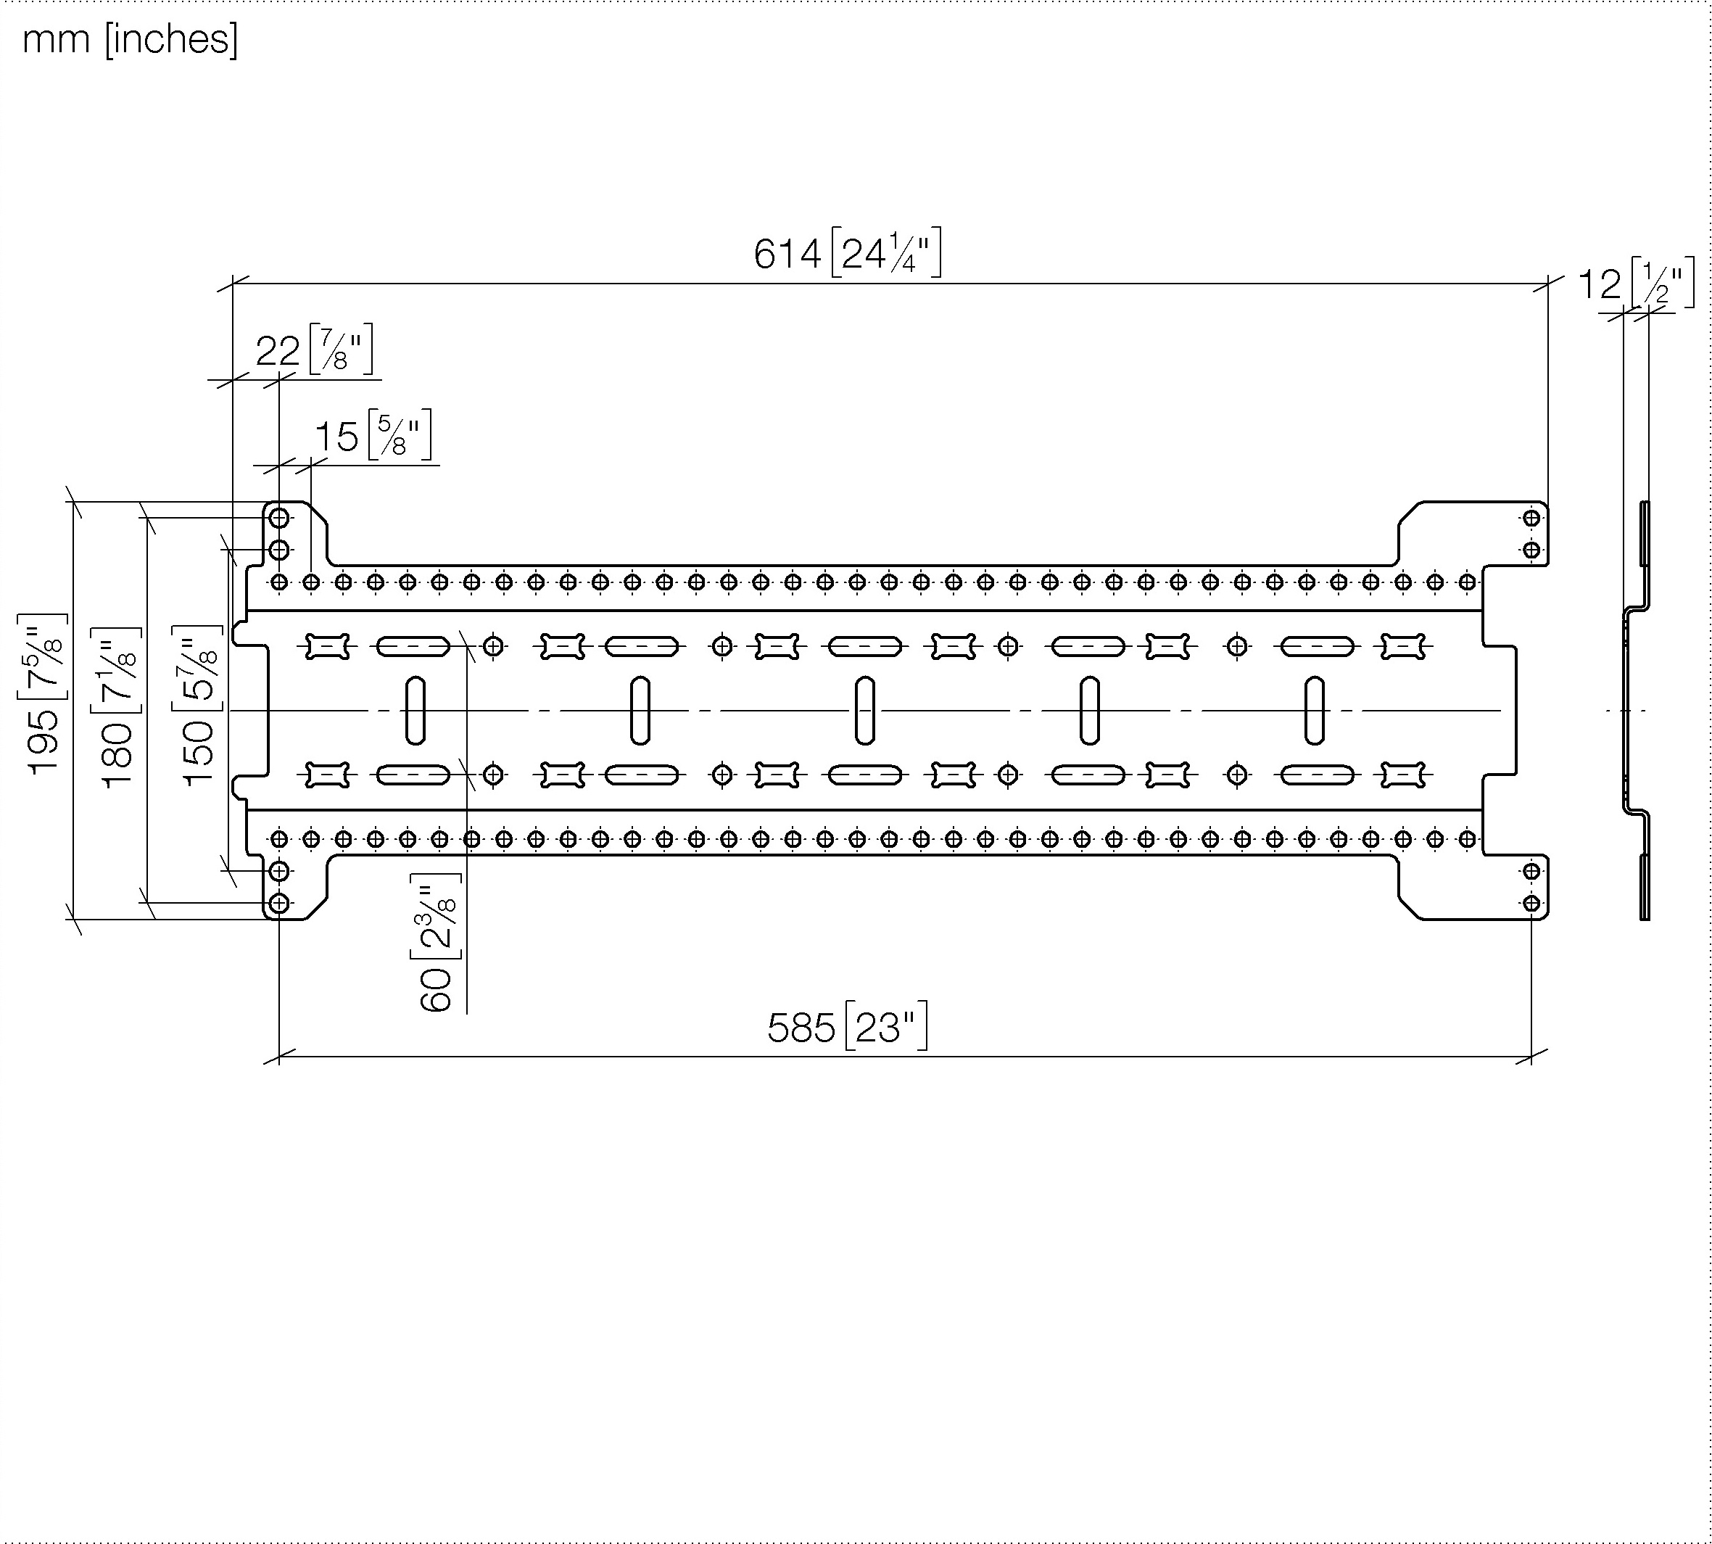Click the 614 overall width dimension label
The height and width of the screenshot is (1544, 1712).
(848, 253)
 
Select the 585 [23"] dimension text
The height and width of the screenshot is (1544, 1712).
(848, 1028)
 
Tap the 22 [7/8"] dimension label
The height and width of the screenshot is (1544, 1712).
(315, 350)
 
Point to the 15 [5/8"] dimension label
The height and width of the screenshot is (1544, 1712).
(373, 435)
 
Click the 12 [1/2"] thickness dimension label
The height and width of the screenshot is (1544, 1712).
(1636, 284)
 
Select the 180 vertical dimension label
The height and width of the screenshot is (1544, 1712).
(116, 709)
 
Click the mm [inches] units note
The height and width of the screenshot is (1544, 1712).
(131, 39)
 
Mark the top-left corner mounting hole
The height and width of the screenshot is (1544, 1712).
(279, 518)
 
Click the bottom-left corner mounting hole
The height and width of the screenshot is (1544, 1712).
(279, 903)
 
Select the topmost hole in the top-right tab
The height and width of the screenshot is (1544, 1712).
(1531, 518)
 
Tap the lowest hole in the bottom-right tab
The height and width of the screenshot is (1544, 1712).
(1531, 903)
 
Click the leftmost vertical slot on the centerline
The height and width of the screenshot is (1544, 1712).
(415, 710)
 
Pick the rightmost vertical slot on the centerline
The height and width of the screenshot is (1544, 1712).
(1314, 710)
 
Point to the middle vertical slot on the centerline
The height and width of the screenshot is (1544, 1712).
(865, 710)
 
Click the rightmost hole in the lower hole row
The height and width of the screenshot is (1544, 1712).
(1468, 839)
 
